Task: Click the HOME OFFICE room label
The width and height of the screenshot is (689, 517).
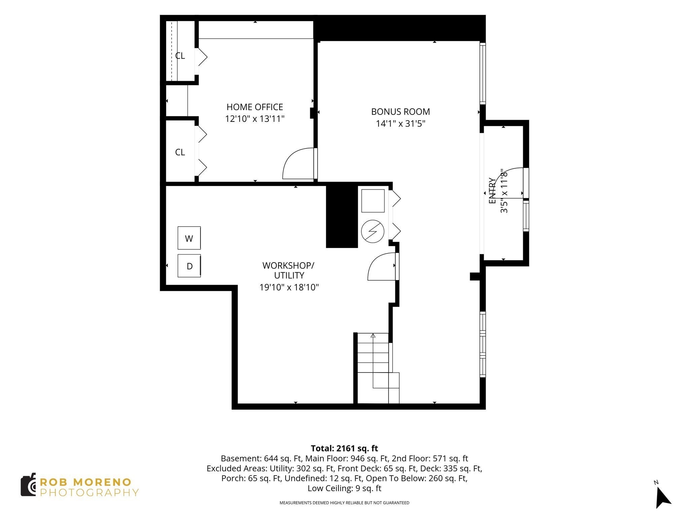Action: coord(255,107)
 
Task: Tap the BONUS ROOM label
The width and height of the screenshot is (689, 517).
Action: coord(400,112)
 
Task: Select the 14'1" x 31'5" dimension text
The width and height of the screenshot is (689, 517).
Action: coord(400,124)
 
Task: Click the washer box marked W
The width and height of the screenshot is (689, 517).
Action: coord(189,238)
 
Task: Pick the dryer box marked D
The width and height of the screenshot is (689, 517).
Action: coord(189,266)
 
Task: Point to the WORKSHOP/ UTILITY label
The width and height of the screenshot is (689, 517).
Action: coord(289,270)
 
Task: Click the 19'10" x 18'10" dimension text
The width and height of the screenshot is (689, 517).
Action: coord(289,287)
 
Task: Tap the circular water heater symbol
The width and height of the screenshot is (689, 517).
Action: coord(372,232)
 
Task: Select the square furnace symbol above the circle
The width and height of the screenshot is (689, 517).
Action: coord(373,201)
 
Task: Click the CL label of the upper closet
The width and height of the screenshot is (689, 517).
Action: coord(180,56)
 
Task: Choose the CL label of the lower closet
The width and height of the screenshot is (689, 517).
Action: coord(180,152)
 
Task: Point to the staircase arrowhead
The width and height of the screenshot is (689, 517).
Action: coord(373,335)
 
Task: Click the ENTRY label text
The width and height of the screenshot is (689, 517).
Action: coord(492,191)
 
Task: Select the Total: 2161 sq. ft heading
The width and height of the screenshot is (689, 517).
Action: coord(344,448)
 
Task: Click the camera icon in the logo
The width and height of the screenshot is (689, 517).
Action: coord(29,485)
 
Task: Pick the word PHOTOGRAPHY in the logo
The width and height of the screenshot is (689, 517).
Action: coord(89,493)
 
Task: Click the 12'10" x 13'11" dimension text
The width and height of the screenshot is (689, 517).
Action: coord(255,119)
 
